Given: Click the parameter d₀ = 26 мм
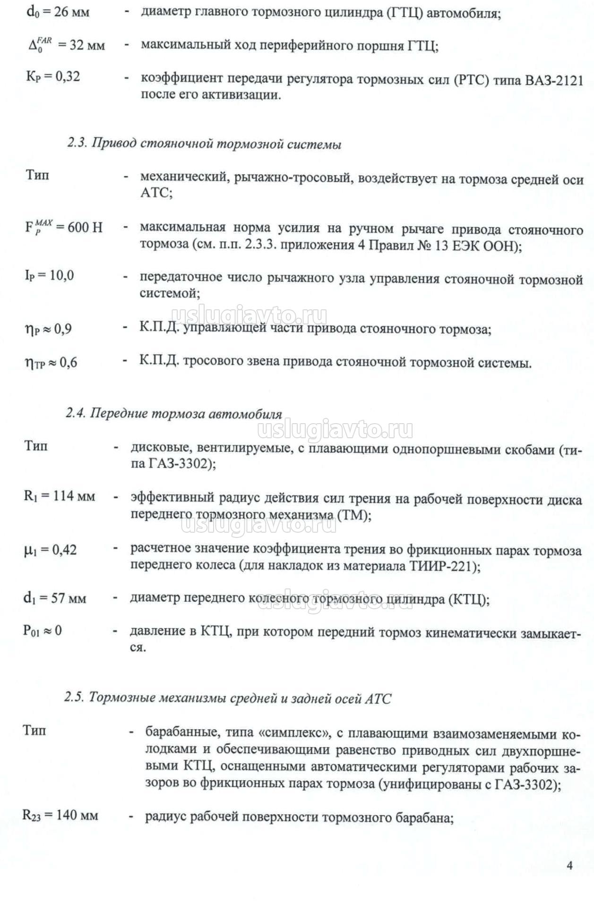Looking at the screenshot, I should (57, 11).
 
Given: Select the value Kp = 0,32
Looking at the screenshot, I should (53, 77).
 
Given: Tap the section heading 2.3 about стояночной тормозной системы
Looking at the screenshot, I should (204, 144).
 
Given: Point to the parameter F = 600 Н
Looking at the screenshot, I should (63, 227).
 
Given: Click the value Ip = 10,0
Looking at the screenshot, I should (49, 275).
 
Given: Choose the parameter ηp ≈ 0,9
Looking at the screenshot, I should (48, 329).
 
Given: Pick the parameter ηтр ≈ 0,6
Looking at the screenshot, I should (51, 363).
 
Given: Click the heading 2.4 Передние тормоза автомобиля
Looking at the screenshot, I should (173, 414).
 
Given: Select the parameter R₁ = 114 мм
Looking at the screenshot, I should (60, 496).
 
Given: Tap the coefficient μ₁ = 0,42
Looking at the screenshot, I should (50, 550).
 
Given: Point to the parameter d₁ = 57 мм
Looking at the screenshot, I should (55, 598).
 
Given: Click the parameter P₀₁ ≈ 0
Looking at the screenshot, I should (43, 630).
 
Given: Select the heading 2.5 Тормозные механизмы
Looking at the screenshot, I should (228, 698).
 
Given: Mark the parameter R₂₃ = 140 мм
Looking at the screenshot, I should (60, 815).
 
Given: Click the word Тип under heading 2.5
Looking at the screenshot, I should (34, 731).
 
